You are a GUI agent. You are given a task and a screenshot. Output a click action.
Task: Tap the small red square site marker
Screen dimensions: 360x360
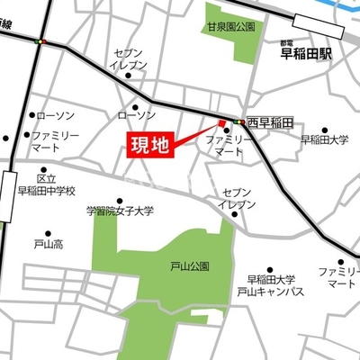point(221,124)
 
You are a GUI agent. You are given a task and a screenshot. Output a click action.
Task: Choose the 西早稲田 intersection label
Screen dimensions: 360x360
point(271,121)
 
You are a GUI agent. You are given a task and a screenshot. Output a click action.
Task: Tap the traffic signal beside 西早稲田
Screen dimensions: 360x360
point(238,121)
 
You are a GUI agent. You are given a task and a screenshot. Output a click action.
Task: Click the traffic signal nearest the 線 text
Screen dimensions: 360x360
point(39,40)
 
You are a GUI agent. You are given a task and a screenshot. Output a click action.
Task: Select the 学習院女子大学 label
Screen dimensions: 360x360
point(120,211)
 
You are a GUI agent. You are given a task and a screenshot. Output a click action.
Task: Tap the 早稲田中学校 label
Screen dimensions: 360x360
point(47,191)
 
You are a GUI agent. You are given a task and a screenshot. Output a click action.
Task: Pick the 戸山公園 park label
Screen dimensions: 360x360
point(189,266)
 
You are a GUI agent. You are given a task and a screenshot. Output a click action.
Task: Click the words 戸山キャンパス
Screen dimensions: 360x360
point(270,292)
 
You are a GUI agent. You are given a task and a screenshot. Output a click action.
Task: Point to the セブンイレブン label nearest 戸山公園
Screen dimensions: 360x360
point(238,199)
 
